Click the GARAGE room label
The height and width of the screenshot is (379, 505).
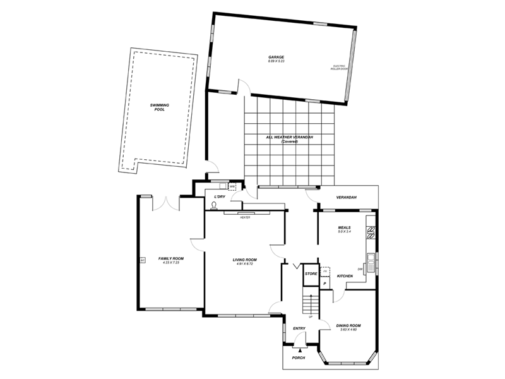coord(276,57)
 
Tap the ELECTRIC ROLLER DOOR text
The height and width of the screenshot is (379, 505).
coord(340,67)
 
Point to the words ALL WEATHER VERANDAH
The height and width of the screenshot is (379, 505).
coord(290,137)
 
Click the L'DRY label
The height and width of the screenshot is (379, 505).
coord(220,197)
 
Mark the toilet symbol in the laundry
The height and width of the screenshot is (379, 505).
coord(214,205)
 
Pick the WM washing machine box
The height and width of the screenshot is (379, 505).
coord(232,187)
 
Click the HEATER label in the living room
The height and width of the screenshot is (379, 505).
coord(245,217)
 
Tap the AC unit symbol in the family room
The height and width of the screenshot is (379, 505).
coord(142,260)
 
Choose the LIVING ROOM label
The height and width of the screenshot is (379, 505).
coord(245,260)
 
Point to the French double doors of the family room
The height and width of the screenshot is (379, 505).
coord(167,203)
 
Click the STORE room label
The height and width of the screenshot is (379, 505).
coord(311,274)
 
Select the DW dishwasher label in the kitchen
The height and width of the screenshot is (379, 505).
coord(360,269)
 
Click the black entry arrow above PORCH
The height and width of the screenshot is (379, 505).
coord(300,349)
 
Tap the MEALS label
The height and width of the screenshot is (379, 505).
coord(344,227)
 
